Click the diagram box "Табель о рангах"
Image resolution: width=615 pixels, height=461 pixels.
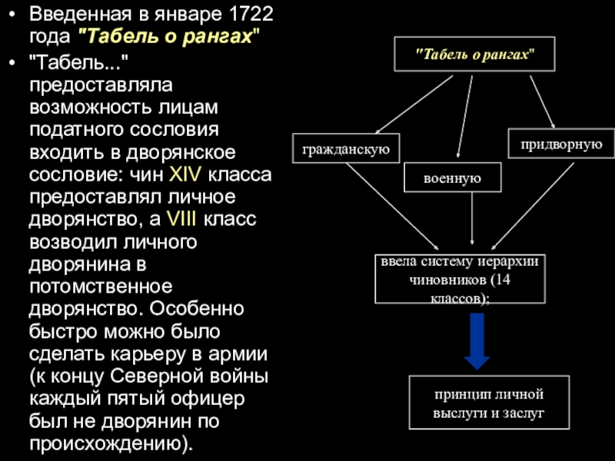coord(474,54)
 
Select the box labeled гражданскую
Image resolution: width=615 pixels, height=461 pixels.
coord(347,148)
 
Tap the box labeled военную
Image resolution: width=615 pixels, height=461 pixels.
coord(453,178)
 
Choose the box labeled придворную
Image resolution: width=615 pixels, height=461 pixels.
coord(560,144)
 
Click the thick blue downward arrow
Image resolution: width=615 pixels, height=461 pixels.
coord(477,341)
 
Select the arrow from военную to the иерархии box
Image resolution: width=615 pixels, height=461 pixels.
coord(471,219)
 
